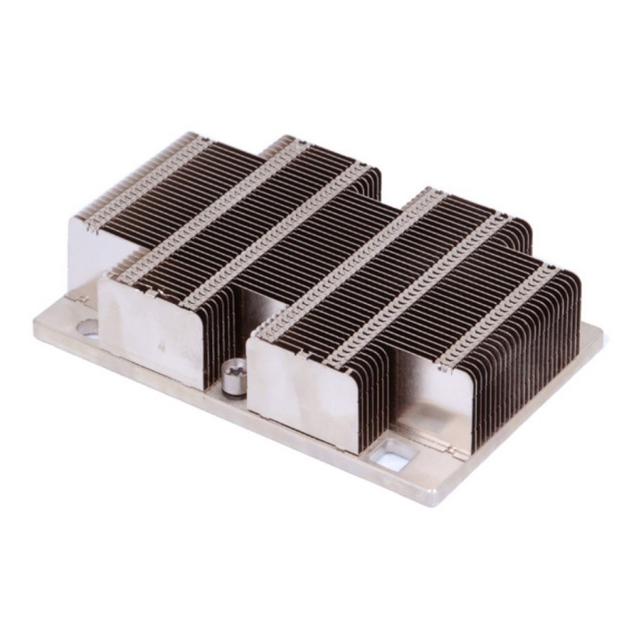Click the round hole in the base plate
[x=88, y=327]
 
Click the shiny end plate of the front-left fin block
[x=152, y=325]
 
